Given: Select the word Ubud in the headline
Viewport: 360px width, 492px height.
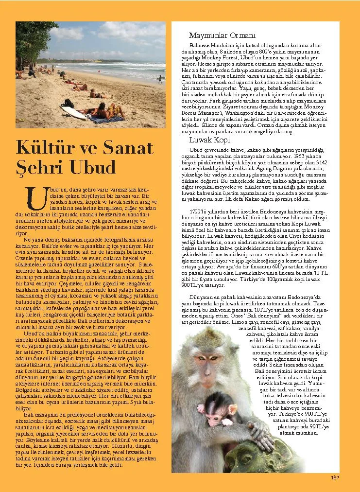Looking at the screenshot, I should click(92, 167).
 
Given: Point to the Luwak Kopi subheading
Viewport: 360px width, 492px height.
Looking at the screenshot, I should click(209, 140).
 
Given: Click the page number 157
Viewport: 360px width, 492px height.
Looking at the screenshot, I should click(335, 477).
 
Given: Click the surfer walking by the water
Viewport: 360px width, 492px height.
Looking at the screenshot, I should click(159, 78).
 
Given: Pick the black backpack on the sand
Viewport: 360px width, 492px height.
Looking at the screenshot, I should click(69, 104).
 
